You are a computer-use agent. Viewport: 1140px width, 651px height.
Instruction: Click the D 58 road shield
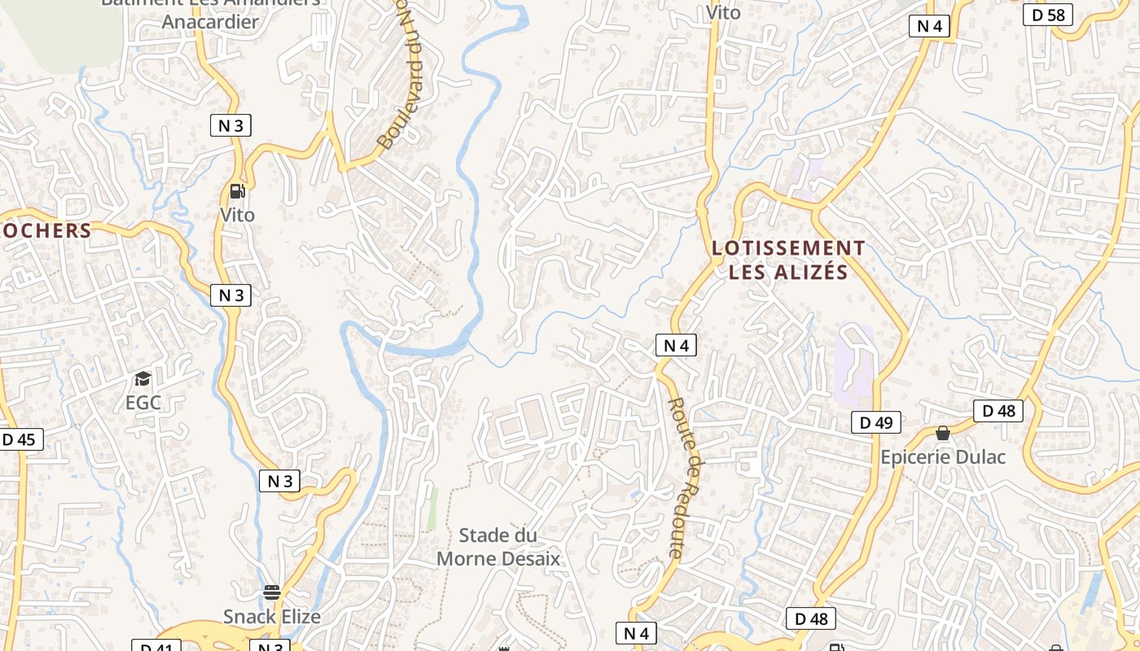click(x=1049, y=15)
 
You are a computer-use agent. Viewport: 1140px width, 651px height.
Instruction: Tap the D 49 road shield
click(x=876, y=422)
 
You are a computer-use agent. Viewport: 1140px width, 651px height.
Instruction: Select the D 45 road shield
click(x=19, y=439)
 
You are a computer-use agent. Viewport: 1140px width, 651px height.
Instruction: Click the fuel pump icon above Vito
click(x=237, y=192)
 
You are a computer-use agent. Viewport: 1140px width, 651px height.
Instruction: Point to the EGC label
click(x=143, y=402)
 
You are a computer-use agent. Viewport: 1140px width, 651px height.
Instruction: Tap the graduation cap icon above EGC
click(x=143, y=378)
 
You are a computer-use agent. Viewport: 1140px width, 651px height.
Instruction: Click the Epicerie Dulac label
click(x=943, y=457)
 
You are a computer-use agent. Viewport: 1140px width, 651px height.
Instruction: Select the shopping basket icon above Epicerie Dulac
click(x=943, y=433)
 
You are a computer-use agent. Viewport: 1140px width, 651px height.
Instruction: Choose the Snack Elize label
click(x=272, y=616)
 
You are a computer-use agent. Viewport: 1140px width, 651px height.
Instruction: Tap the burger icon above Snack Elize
click(x=272, y=592)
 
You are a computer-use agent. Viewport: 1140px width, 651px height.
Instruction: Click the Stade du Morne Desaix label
click(x=498, y=547)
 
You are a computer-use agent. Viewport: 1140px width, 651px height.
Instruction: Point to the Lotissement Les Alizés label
click(x=788, y=260)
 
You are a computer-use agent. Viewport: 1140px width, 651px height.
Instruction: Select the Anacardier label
click(x=210, y=21)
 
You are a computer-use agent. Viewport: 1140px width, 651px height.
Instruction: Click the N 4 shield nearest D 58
click(x=929, y=26)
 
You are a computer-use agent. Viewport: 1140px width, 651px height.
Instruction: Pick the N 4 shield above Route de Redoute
click(x=676, y=345)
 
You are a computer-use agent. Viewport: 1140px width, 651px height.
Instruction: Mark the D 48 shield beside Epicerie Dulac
click(x=998, y=410)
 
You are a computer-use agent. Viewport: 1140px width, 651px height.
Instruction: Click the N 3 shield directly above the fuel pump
click(x=230, y=125)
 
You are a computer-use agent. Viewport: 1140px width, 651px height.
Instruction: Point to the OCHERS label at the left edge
click(x=46, y=230)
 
